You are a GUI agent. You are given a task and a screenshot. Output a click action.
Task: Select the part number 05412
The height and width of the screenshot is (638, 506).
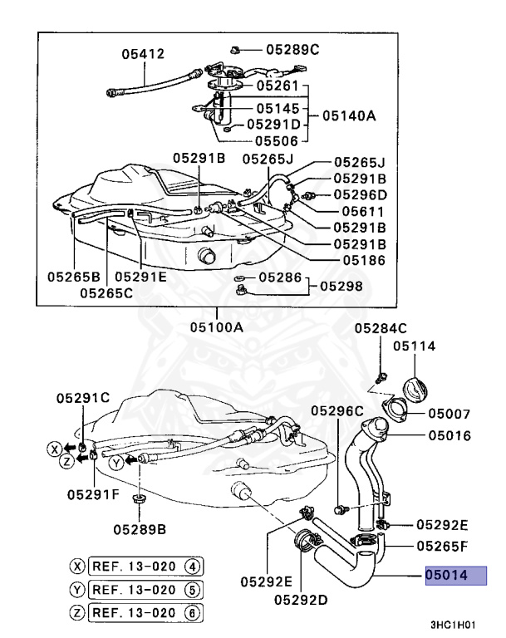tap(142, 54)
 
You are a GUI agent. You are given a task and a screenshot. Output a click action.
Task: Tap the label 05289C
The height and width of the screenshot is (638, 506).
tap(292, 50)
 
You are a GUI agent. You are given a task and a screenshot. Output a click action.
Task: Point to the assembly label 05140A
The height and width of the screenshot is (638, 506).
tap(348, 116)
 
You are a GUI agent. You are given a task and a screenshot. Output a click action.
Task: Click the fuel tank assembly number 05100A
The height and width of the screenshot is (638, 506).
tap(217, 327)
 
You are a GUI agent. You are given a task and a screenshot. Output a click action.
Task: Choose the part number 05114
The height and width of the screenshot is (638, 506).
tap(414, 346)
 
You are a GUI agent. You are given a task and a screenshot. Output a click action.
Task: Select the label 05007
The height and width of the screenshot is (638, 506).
tap(450, 413)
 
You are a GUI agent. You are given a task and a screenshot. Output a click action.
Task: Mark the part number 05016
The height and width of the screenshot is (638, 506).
tap(450, 434)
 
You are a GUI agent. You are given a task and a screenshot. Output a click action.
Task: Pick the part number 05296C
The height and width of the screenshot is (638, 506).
tap(338, 410)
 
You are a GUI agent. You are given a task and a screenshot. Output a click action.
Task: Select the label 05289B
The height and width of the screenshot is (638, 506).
tap(140, 528)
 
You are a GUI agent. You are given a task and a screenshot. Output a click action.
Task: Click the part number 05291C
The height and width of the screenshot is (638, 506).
tap(83, 398)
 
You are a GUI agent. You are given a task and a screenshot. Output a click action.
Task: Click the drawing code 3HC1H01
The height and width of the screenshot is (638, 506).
tap(454, 622)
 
